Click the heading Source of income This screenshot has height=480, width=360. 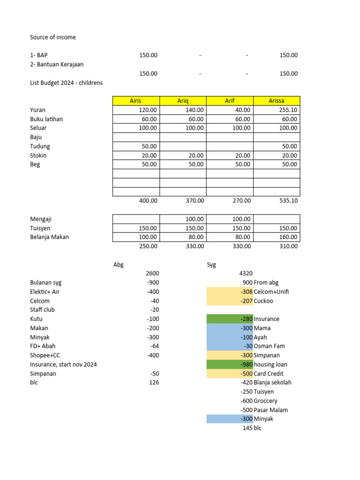click(53, 37)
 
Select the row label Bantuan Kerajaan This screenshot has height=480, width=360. click(57, 64)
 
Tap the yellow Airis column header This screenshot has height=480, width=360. click(135, 101)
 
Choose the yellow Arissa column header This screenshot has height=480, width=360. click(277, 101)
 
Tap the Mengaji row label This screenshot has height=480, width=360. click(41, 219)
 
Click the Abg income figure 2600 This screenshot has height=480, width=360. click(152, 273)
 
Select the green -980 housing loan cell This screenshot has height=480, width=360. click(230, 365)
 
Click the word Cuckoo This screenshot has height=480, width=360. click(263, 301)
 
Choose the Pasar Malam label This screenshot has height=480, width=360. click(271, 410)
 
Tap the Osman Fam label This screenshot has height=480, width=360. click(270, 346)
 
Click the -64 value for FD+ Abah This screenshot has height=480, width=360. click(154, 346)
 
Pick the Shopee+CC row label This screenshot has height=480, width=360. click(45, 355)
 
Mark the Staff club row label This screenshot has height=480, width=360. click(43, 310)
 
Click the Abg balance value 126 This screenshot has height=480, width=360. click(154, 382)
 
